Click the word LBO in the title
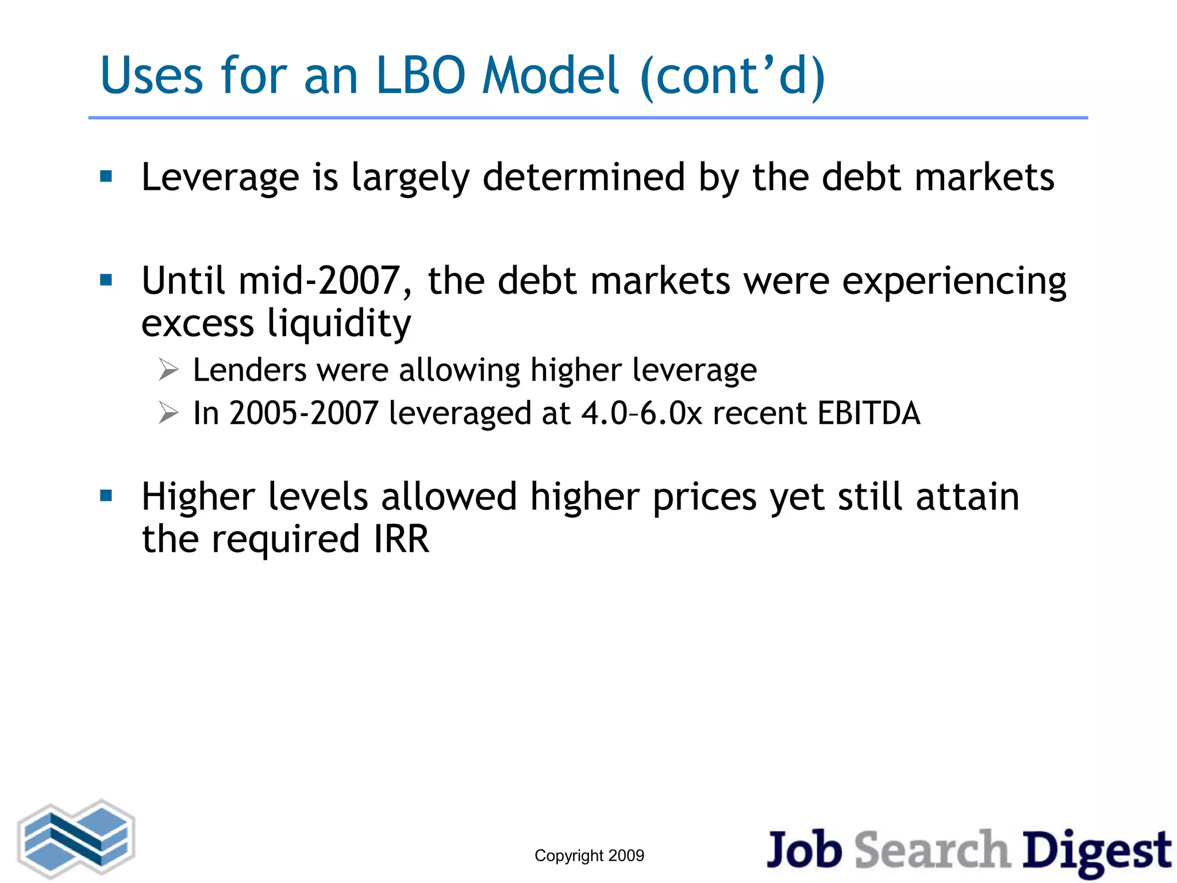click(420, 76)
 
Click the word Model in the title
click(551, 76)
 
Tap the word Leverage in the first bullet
click(220, 178)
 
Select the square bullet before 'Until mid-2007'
click(106, 281)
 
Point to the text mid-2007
click(318, 281)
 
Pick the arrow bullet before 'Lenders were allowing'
click(169, 370)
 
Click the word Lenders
click(249, 370)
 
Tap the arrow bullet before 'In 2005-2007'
click(169, 413)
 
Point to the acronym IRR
click(401, 539)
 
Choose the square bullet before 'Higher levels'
click(106, 496)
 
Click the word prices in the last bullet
click(705, 497)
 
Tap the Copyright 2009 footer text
click(589, 855)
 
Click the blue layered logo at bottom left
click(76, 839)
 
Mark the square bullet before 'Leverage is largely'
click(106, 176)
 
